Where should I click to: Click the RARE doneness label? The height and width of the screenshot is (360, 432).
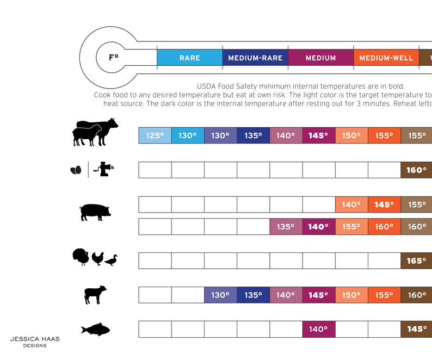tap(189, 58)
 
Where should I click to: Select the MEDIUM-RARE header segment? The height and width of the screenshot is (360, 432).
tap(255, 58)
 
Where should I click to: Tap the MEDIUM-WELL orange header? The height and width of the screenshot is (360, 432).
tap(386, 58)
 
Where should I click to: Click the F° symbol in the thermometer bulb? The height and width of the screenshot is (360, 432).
tap(114, 57)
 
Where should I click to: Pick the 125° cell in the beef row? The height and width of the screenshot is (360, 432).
tap(155, 135)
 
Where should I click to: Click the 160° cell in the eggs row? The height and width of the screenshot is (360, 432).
tap(416, 170)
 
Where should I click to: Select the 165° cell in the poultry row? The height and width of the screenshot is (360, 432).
tap(416, 260)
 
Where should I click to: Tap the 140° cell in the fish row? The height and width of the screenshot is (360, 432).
tap(319, 329)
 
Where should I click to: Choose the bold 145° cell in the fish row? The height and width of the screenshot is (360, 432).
tap(416, 329)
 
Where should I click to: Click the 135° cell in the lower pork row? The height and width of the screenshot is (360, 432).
tap(286, 227)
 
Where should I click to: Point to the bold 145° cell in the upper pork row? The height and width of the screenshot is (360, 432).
tap(384, 204)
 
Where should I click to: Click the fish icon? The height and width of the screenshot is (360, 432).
tap(95, 330)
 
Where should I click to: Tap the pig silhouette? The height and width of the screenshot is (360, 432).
tap(95, 212)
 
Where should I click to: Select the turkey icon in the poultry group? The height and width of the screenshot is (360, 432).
tap(81, 257)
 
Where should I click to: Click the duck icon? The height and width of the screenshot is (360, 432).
tap(111, 260)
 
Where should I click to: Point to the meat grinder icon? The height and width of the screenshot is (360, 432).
tap(103, 169)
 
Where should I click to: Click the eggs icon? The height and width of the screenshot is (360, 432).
tap(76, 170)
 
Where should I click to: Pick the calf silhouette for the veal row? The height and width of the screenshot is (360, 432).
tap(95, 295)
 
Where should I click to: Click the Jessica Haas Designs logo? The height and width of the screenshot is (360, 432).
tap(35, 342)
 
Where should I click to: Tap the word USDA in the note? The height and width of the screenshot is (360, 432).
tap(206, 86)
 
